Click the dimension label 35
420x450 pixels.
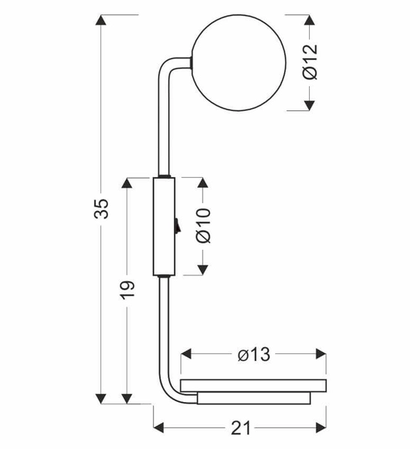click(101, 208)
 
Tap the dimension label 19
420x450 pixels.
click(127, 290)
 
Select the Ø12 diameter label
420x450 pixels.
click(310, 61)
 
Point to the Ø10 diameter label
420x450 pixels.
click(203, 226)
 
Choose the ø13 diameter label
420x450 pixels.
click(254, 354)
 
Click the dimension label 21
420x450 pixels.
click(241, 428)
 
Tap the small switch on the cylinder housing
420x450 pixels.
click(177, 225)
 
